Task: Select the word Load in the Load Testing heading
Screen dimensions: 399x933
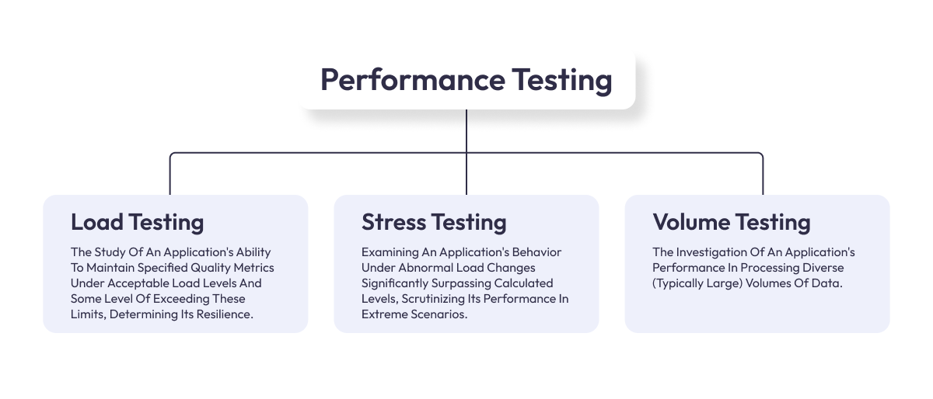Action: [x=96, y=223]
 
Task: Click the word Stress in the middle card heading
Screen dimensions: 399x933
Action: [x=394, y=223]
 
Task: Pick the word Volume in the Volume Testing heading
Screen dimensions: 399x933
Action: [x=691, y=223]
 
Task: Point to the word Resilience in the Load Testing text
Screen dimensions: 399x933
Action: [x=225, y=314]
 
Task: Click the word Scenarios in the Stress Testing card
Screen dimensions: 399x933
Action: [x=439, y=314]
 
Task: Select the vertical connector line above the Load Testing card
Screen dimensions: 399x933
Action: [x=170, y=177]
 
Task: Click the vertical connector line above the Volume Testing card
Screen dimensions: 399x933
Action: [x=763, y=177]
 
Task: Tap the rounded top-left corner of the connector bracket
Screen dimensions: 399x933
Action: [x=173, y=154]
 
